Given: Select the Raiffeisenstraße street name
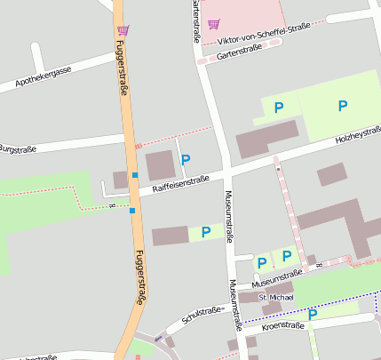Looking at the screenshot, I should click(x=180, y=184).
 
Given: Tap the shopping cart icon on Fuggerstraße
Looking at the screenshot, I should click(x=123, y=30).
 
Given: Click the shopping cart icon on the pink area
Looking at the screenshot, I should click(x=213, y=24).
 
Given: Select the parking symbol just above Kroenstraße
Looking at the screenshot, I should click(x=313, y=314).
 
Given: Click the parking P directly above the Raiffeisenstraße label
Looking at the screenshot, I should click(x=186, y=160).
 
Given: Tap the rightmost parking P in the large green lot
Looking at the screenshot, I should click(x=343, y=106).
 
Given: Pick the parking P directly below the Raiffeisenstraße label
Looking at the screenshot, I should click(x=206, y=232).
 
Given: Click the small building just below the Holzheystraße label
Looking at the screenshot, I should click(x=331, y=173).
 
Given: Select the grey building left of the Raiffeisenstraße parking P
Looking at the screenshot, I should click(x=160, y=165).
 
